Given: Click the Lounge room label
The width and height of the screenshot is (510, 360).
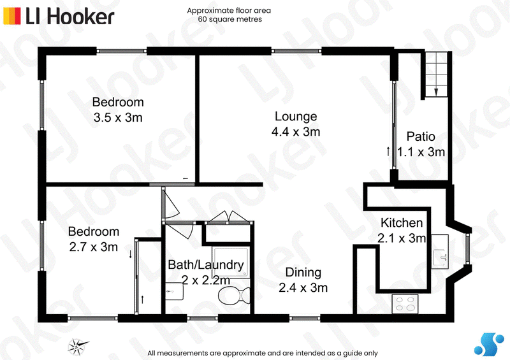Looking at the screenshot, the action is tap(296, 117).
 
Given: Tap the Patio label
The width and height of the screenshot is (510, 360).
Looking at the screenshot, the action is tap(421, 136).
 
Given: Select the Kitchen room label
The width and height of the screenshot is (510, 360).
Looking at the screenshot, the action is tap(402, 223).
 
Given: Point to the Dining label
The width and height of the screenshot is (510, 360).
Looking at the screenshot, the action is tap(303, 273).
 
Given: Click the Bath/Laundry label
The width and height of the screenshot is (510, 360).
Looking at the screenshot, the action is tap(206, 265).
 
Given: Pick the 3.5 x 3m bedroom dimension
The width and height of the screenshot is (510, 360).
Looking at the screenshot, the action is tap(118, 117).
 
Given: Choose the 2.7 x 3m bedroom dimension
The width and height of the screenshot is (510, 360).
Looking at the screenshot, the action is tap(93, 247).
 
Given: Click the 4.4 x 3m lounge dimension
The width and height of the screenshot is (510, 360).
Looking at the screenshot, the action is tap(296, 132).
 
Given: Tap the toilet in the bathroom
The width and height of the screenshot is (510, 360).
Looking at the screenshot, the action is tap(234, 296).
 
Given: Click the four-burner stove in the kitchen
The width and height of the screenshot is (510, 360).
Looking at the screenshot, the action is tap(405, 304).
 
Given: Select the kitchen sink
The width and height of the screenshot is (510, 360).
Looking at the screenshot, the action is tap(440, 252).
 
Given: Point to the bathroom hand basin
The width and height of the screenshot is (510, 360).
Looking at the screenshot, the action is tap(174, 291).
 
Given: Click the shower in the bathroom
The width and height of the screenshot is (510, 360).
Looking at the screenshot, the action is tap(231, 262).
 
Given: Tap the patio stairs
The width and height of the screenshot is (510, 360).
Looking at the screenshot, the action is tap(436, 75).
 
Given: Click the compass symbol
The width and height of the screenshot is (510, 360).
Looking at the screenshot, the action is tap(77, 347).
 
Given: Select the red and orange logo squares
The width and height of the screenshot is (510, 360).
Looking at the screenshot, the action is tap(12, 16).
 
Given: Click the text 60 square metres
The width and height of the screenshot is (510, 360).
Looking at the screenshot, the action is tap(230, 19).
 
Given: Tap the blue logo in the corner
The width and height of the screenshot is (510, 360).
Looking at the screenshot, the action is tap(489, 344).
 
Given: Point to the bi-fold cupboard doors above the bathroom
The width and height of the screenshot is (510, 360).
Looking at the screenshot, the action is tap(229, 217).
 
